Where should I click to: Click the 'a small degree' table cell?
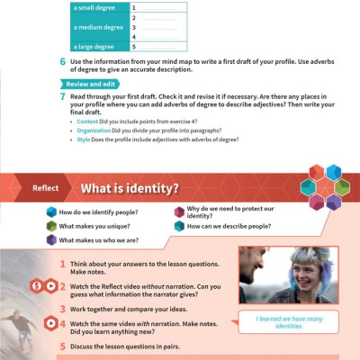click(98, 7)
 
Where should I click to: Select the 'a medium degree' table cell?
click(98, 27)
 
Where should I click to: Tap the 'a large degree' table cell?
click(98, 47)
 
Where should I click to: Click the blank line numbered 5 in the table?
click(158, 47)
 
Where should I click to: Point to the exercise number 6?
click(61, 61)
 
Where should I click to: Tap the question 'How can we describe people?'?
click(229, 227)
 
